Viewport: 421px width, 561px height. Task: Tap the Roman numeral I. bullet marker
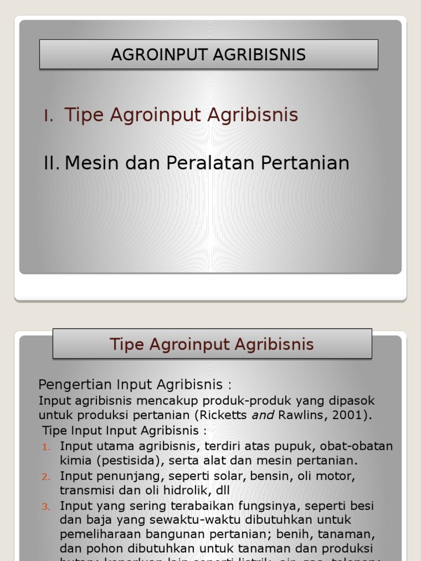pos(49,116)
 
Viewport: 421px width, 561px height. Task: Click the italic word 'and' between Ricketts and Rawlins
pos(262,415)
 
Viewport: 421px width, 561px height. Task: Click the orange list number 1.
pos(46,447)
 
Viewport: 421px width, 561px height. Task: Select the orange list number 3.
pos(46,506)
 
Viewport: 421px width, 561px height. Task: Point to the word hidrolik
pos(191,490)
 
